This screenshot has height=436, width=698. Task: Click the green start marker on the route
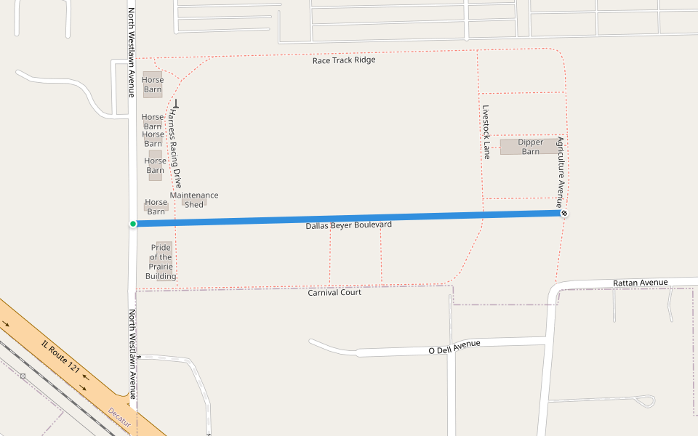pos(133,224)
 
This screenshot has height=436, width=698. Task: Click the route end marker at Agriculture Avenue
pos(563,213)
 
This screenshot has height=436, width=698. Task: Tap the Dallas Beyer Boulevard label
pos(348,225)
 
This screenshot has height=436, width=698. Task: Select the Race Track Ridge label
pos(344,60)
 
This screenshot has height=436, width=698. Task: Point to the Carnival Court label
pos(334,292)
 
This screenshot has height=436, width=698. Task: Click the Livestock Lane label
pos(486,132)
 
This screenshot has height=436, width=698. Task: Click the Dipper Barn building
pos(530,147)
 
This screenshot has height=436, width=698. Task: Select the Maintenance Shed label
pos(194,200)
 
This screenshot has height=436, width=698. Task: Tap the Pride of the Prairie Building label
pos(161,262)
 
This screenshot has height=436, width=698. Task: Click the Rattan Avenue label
pos(640,282)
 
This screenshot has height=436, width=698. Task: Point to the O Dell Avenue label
pos(454,347)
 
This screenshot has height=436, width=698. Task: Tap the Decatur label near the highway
pos(119,416)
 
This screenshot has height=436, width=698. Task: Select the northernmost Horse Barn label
pos(153,85)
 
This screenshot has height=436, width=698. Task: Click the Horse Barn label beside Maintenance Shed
pos(156,207)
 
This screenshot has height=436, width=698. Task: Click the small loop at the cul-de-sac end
pos(644,400)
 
